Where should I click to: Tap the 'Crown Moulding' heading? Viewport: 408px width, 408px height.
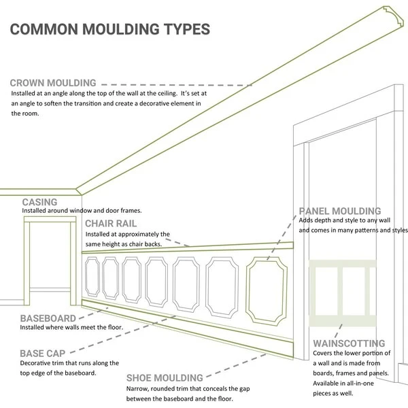tap(63, 84)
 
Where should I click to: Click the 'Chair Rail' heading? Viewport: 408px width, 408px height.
tap(111, 223)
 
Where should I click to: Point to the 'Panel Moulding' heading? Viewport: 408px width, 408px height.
tap(340, 211)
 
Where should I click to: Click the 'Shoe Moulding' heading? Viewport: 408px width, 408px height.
tap(165, 377)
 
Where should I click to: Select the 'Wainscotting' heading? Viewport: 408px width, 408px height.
tap(349, 343)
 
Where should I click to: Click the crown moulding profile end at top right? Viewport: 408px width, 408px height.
tap(390, 13)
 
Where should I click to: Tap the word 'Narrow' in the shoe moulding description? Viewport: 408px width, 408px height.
tap(137, 388)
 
